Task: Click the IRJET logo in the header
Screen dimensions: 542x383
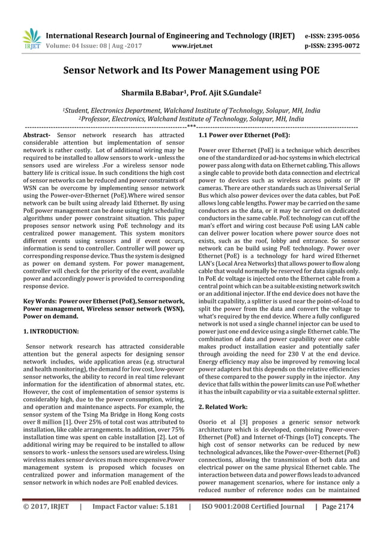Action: coord(31,39)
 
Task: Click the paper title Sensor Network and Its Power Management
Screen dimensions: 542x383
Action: coord(191,70)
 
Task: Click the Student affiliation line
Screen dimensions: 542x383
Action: coord(191,111)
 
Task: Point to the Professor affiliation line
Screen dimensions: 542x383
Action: coord(191,119)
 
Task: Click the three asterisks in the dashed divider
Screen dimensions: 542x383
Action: coord(191,127)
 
